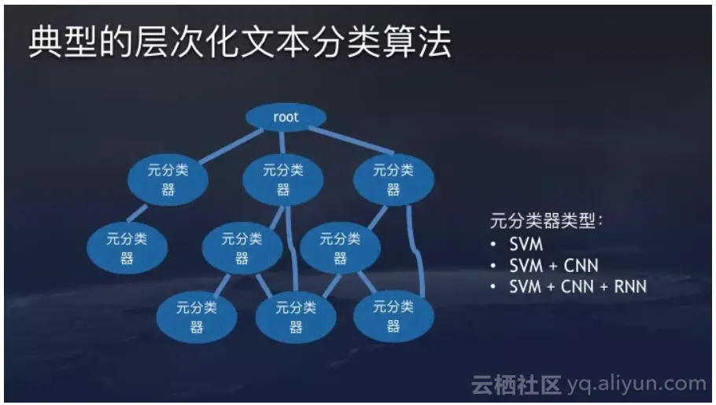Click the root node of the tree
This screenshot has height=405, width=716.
click(x=286, y=118)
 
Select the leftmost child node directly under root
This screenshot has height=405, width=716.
click(x=168, y=180)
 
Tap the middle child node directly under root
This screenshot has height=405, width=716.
click(x=282, y=180)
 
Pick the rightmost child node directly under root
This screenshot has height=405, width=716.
click(x=392, y=180)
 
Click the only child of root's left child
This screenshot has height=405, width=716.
click(x=127, y=249)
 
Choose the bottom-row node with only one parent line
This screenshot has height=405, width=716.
click(x=195, y=317)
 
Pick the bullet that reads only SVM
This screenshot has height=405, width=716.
click(x=526, y=244)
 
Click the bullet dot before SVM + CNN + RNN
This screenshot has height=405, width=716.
click(x=493, y=286)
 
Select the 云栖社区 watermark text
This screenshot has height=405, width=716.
click(x=516, y=385)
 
